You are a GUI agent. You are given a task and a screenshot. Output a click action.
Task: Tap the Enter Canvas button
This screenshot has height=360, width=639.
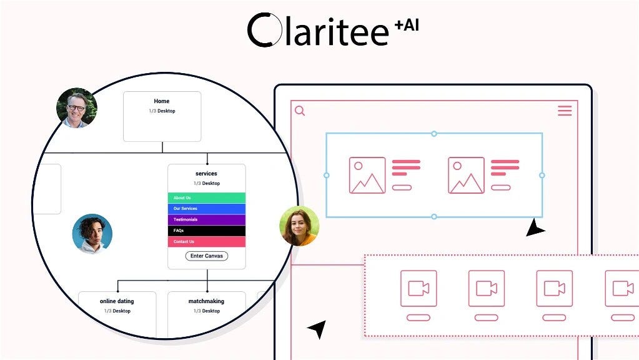(207, 256)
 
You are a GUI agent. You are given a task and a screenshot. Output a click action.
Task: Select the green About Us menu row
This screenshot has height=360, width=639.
(207, 198)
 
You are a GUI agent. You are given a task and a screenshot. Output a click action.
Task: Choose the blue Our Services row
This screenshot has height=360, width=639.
(207, 209)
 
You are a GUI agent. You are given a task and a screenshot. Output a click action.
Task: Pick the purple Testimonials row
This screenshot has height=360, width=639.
(207, 220)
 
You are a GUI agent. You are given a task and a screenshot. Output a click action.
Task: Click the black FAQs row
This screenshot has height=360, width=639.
(207, 231)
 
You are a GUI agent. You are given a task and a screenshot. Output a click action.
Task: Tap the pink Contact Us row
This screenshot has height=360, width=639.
(207, 242)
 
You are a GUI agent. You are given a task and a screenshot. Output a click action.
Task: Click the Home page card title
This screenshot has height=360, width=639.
(162, 101)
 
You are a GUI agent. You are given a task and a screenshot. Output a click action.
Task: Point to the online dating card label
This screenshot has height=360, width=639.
(117, 301)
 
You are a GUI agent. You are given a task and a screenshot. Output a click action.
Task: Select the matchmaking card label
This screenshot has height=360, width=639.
(206, 301)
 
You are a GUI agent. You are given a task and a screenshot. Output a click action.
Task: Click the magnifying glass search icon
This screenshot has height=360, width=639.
(300, 111)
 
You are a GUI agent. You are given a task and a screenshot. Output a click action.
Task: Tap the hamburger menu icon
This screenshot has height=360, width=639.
(565, 111)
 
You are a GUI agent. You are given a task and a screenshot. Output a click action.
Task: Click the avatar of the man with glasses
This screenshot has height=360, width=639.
(77, 108)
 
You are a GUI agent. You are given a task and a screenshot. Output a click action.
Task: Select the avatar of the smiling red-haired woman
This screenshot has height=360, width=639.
(299, 226)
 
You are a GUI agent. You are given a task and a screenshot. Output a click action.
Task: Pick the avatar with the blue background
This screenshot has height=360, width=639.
(92, 234)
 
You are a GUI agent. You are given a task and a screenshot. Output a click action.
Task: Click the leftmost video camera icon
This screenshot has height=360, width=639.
(419, 288)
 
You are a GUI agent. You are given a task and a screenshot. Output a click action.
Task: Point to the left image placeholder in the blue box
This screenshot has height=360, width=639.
(367, 175)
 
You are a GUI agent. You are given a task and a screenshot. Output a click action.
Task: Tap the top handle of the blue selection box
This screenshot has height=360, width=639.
(434, 134)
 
